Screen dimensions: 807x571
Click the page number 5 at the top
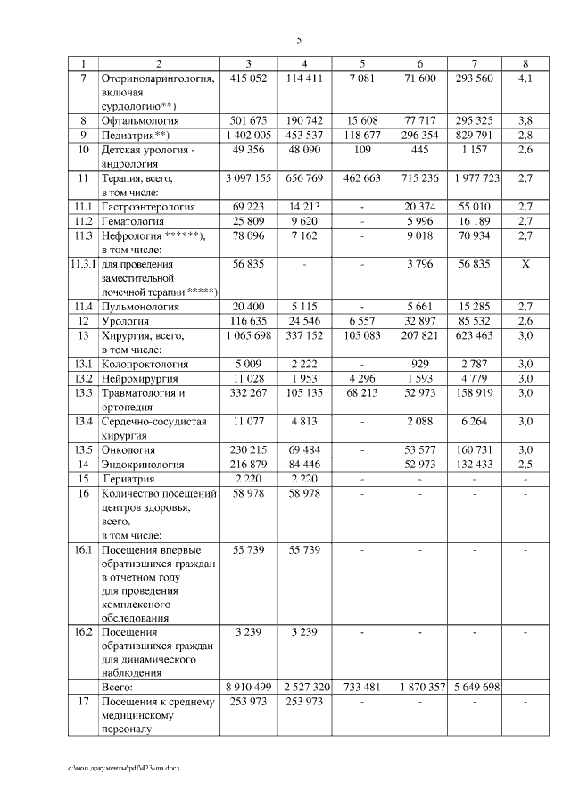click(x=299, y=40)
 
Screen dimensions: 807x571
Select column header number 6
click(x=419, y=63)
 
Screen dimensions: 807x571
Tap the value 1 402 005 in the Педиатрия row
click(x=249, y=135)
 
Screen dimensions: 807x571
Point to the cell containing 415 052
click(x=249, y=78)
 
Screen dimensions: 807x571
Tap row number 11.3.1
click(x=82, y=265)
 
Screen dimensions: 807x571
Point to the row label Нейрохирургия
click(x=143, y=378)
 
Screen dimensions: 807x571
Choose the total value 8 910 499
click(x=249, y=688)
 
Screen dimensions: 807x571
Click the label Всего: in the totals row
click(x=119, y=688)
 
